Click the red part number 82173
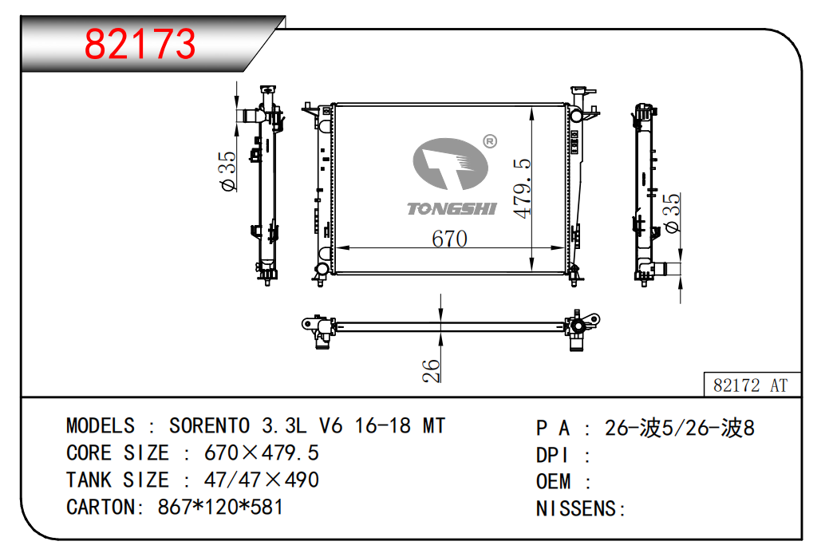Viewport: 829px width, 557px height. [x=140, y=43]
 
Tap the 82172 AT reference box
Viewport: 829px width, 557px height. [x=752, y=385]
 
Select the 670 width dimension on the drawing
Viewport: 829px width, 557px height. [x=449, y=239]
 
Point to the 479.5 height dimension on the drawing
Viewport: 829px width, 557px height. [x=522, y=188]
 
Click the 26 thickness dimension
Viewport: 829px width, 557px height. [x=432, y=370]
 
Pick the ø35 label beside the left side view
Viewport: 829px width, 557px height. [x=228, y=171]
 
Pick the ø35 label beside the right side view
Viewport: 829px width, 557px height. [x=672, y=212]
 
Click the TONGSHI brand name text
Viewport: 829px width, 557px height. [x=452, y=209]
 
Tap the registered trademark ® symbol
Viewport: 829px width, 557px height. [x=490, y=141]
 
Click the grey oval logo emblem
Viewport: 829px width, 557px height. [x=450, y=164]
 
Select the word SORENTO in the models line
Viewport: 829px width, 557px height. [x=209, y=426]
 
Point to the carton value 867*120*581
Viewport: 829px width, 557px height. [x=220, y=507]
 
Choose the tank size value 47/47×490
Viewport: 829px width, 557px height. [x=262, y=480]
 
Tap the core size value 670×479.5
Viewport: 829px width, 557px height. [x=262, y=452]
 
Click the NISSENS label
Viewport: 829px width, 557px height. [x=577, y=509]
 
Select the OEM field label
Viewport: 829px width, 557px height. [x=554, y=482]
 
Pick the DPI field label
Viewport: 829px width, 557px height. [x=552, y=455]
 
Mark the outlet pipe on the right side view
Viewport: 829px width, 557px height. [x=667, y=269]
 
